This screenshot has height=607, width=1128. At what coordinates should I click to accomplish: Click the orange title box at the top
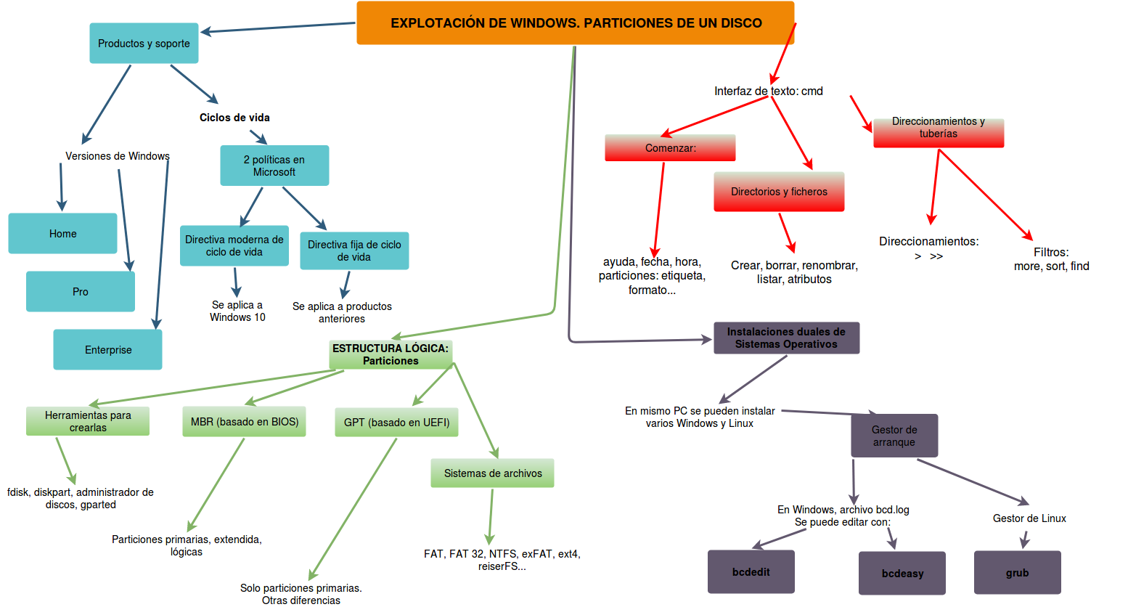tap(575, 23)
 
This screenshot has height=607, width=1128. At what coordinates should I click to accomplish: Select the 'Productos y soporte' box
tap(144, 44)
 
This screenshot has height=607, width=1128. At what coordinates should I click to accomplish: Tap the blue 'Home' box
tap(62, 234)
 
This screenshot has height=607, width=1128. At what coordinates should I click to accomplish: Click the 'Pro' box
tap(80, 292)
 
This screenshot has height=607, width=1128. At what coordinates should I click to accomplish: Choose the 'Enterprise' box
tap(107, 350)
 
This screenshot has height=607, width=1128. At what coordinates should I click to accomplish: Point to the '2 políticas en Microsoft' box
tap(274, 166)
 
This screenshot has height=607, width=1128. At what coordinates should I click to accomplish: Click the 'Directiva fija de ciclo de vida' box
tap(354, 250)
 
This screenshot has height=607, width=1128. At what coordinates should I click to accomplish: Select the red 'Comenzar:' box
tap(670, 148)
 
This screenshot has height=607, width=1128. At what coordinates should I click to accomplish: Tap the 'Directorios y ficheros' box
tap(779, 192)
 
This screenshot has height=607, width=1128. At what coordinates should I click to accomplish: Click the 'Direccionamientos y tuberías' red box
tap(939, 133)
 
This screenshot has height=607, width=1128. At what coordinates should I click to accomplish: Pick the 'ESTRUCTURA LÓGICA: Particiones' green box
tap(391, 354)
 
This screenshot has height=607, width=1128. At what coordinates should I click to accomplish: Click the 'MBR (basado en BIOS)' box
tap(245, 422)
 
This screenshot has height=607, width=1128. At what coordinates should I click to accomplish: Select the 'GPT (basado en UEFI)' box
tap(396, 423)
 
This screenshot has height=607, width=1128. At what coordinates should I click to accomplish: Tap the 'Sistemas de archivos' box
tap(492, 473)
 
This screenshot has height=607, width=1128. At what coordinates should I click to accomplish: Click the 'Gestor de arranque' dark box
tap(894, 436)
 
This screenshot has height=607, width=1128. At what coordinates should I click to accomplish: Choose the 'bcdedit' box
tap(751, 572)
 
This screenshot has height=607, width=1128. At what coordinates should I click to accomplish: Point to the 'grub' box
tap(1017, 573)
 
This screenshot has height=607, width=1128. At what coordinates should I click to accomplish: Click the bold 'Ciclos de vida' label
tap(234, 118)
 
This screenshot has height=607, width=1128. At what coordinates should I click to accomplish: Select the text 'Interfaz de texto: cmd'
tap(768, 91)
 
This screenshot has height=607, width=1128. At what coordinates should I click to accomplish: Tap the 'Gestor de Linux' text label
tap(1029, 518)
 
